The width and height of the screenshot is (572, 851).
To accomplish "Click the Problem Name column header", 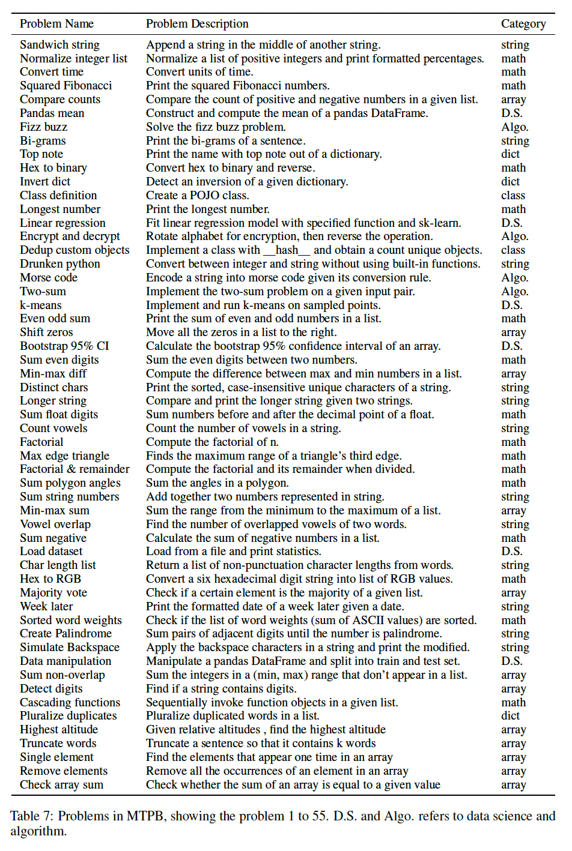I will click(x=56, y=24).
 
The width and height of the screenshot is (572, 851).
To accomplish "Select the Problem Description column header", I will click(x=197, y=24).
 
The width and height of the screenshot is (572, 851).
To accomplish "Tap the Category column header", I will click(x=523, y=24).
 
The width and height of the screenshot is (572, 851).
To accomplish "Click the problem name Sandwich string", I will click(x=59, y=45).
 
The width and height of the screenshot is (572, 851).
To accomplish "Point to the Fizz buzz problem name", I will click(x=43, y=127).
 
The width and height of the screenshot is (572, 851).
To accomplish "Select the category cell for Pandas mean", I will click(x=512, y=113).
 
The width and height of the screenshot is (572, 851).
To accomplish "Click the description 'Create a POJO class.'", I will click(x=197, y=196).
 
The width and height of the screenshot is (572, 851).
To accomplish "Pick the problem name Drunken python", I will click(x=60, y=264).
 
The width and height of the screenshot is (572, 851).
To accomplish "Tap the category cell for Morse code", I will click(x=515, y=278).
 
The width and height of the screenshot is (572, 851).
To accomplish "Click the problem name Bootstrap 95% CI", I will click(x=64, y=346).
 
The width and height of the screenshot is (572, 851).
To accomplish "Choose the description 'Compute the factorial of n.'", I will click(x=212, y=442).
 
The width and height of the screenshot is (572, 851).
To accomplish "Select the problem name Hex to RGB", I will click(x=50, y=579).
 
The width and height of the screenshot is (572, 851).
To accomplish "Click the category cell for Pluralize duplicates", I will click(x=510, y=716).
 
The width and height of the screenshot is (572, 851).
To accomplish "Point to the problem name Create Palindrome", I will click(x=65, y=634).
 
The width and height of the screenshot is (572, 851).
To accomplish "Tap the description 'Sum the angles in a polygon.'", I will click(x=217, y=483).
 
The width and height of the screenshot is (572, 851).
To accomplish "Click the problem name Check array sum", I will click(x=61, y=785).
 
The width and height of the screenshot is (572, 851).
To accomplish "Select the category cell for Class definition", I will click(x=513, y=196).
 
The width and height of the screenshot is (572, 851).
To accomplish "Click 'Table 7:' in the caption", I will click(x=32, y=816).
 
